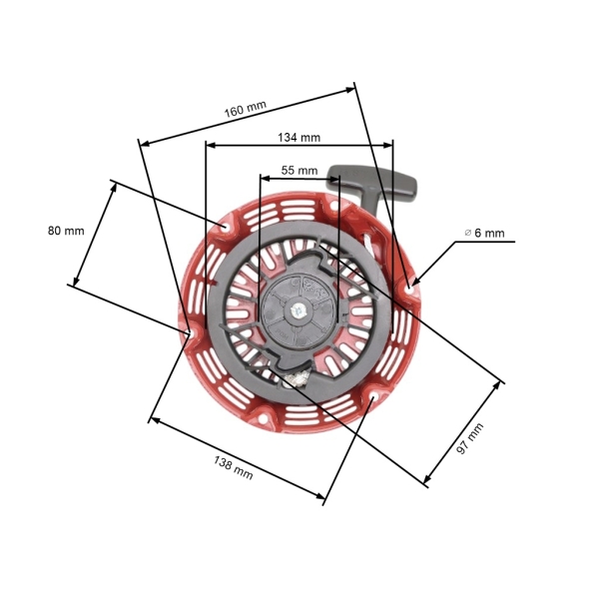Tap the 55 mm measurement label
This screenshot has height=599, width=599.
point(299,171)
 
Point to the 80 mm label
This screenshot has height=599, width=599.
point(66,231)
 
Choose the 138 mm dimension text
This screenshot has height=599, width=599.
point(233,467)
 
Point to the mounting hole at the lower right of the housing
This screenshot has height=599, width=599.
point(370,399)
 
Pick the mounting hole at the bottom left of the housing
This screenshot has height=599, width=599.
point(264,421)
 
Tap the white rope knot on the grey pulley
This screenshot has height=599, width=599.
point(297,377)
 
